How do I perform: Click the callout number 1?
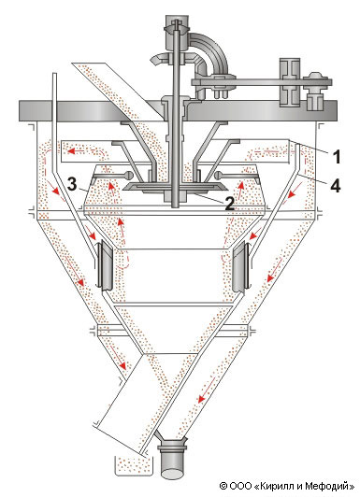pos(336,157)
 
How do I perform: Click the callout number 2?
pos(229,204)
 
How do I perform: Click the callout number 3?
pos(72,184)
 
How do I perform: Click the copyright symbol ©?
pos(223,486)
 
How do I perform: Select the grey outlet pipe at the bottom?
pos(173,460)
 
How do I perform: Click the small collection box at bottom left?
pos(133,466)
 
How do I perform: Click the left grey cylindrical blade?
pos(106,266)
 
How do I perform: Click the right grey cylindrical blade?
pos(239,267)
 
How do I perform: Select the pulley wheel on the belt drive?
pos(289,82)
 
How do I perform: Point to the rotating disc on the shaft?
pos(174,187)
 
